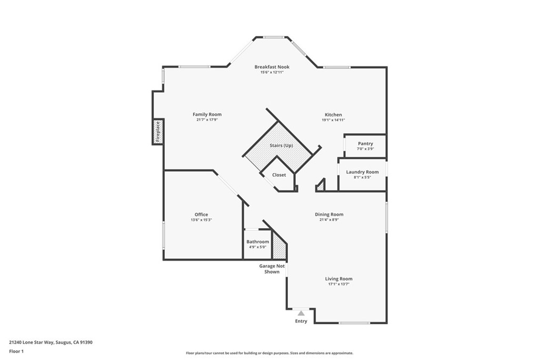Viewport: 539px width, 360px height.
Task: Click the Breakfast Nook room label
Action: (x=272, y=67)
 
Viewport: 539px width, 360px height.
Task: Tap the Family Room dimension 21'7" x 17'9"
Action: (x=207, y=120)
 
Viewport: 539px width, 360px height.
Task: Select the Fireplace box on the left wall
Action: (x=157, y=132)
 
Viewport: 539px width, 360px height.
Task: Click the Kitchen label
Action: (x=333, y=114)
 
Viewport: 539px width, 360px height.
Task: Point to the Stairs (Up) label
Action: (x=281, y=145)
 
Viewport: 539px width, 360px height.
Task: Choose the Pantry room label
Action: (x=365, y=143)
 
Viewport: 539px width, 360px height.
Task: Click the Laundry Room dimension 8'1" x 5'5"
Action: (x=362, y=178)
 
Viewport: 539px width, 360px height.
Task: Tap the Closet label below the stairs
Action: (x=279, y=175)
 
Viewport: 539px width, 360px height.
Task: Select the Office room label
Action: (x=201, y=215)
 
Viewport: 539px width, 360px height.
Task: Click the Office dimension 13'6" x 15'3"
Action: (x=201, y=220)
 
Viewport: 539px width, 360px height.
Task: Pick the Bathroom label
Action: (x=257, y=242)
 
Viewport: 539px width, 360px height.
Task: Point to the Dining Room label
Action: (x=329, y=215)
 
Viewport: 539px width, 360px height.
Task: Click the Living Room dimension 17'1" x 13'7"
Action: (x=338, y=284)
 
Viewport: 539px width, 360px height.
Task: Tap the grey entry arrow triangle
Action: (x=301, y=313)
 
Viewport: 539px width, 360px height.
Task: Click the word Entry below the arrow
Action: (x=301, y=321)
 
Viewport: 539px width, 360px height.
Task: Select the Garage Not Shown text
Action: (x=272, y=269)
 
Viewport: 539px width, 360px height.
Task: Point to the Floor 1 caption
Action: (x=16, y=351)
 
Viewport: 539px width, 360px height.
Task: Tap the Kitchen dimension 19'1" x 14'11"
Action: (x=333, y=120)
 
